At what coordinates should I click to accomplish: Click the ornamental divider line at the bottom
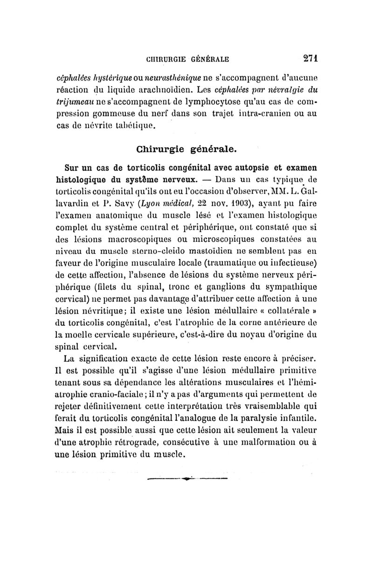(186, 479)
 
